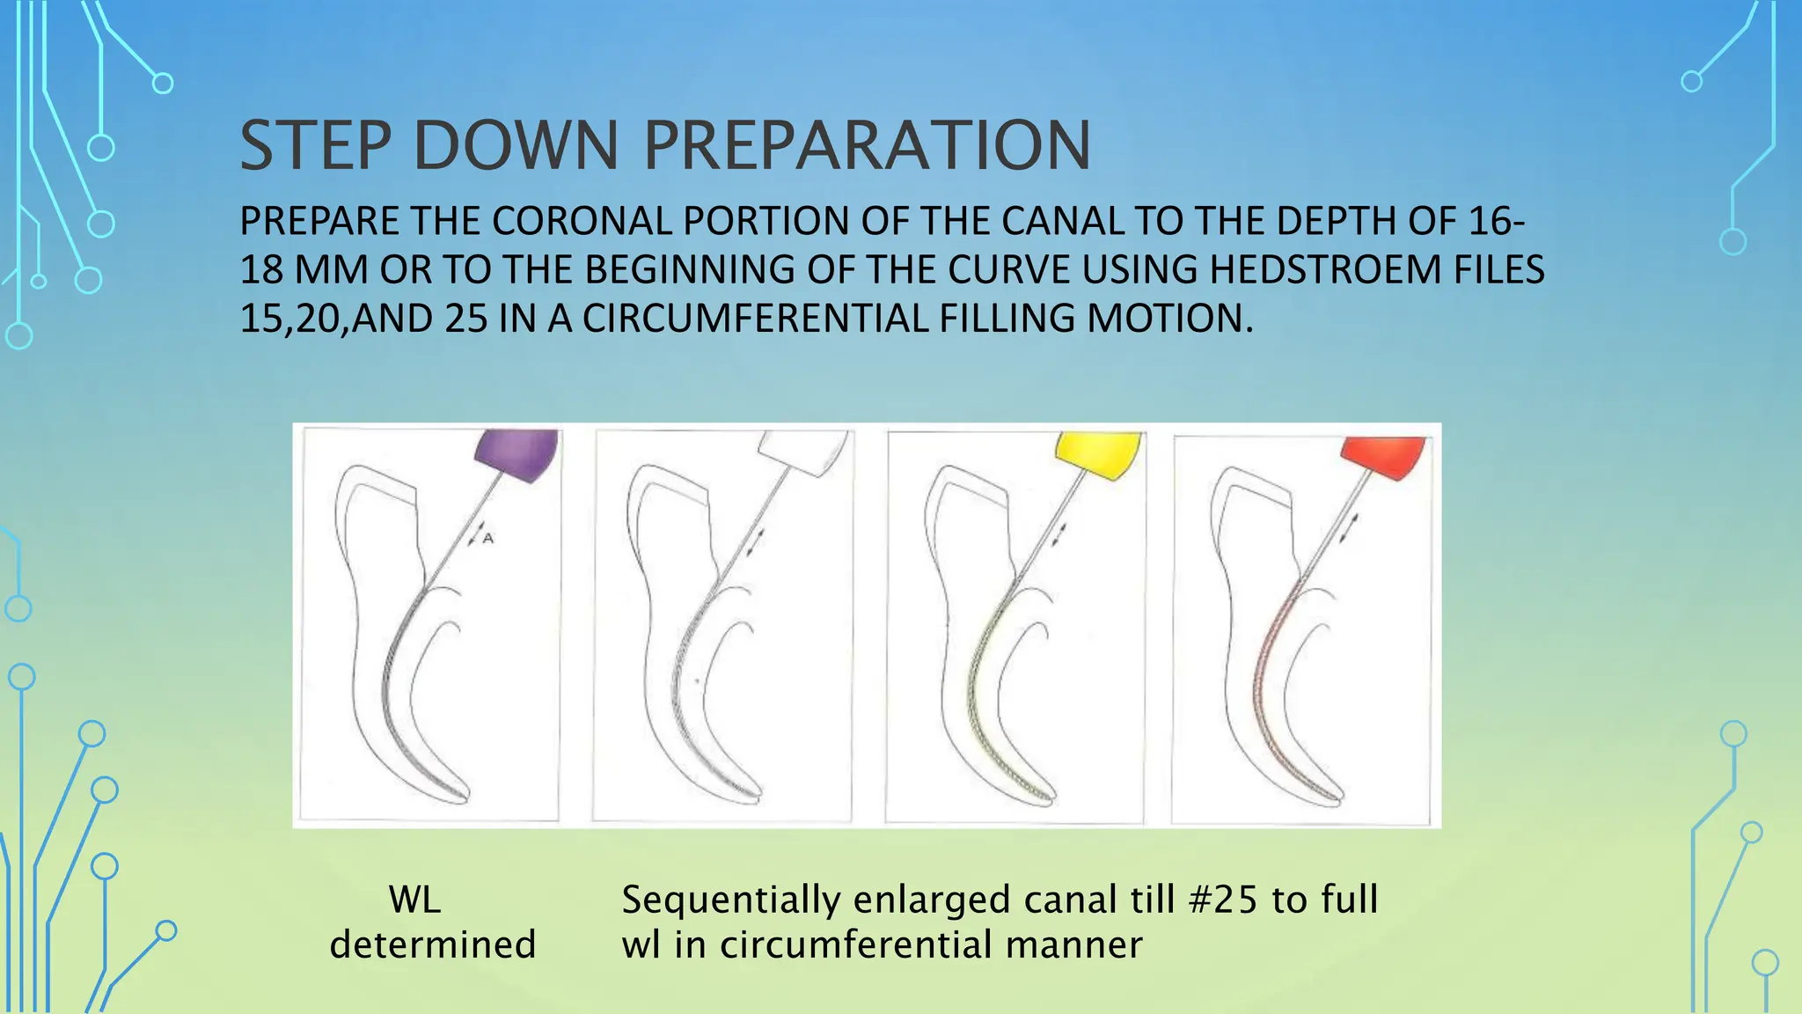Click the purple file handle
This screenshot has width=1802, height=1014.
coord(517,454)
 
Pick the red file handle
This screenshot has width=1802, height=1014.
coord(1383,457)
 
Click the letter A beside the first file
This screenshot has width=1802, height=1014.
coord(489,538)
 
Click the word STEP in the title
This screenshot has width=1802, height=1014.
coord(316,146)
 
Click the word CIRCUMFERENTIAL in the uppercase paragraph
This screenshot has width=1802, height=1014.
coord(755,318)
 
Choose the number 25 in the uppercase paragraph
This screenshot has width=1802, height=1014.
coord(466,318)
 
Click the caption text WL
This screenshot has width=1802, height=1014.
coord(414,900)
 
